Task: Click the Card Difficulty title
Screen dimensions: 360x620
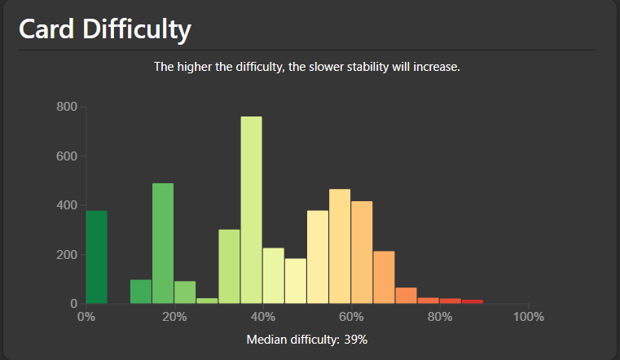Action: [104, 29]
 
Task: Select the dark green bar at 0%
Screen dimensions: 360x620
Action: [96, 257]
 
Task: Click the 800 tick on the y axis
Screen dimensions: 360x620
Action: [67, 107]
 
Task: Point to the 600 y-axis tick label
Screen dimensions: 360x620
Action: [67, 156]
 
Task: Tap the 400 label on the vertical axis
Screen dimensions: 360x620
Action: [67, 205]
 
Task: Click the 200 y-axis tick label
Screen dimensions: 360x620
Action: [67, 254]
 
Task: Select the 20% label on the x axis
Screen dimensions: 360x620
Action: [174, 316]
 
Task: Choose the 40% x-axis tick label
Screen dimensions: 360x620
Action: [263, 316]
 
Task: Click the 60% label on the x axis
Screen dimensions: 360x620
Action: [351, 316]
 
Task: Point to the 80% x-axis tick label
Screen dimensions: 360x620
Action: [440, 316]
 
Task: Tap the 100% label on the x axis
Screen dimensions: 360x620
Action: [529, 316]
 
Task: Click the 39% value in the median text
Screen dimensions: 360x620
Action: [356, 339]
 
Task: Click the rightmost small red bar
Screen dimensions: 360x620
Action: [473, 301]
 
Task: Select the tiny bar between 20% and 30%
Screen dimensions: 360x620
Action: [207, 301]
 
